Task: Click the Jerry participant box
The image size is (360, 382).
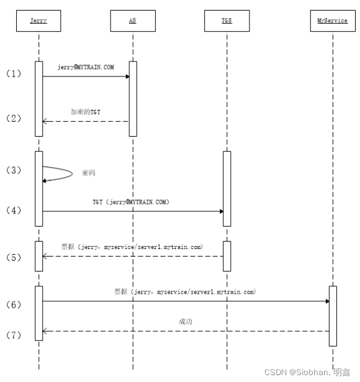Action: pyautogui.click(x=38, y=21)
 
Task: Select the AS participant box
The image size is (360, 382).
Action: pyautogui.click(x=132, y=21)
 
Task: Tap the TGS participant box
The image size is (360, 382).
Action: pyautogui.click(x=227, y=21)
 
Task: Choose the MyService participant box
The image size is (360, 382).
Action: pyautogui.click(x=332, y=21)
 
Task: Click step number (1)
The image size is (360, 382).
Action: pyautogui.click(x=13, y=73)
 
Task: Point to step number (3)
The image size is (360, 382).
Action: pyautogui.click(x=13, y=170)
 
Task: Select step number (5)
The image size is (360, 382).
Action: pyautogui.click(x=13, y=257)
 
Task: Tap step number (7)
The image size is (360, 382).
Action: pyautogui.click(x=13, y=335)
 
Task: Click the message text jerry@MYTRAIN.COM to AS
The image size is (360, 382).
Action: pyautogui.click(x=85, y=67)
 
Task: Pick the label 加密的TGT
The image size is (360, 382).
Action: pyautogui.click(x=85, y=112)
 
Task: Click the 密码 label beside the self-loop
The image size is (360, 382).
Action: pyautogui.click(x=89, y=173)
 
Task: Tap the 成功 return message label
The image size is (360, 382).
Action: pyautogui.click(x=186, y=322)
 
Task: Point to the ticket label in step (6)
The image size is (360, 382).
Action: pyautogui.click(x=184, y=291)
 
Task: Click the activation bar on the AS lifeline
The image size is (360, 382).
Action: pyautogui.click(x=133, y=98)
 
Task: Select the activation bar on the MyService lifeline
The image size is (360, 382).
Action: pyautogui.click(x=333, y=316)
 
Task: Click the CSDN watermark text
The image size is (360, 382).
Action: pyautogui.click(x=307, y=372)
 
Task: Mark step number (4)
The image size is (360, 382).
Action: pyautogui.click(x=13, y=211)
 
